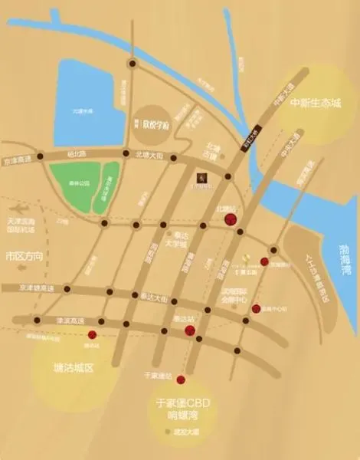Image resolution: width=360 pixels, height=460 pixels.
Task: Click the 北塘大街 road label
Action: pyautogui.click(x=149, y=153)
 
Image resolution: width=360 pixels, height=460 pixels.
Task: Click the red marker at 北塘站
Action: pyautogui.click(x=230, y=220)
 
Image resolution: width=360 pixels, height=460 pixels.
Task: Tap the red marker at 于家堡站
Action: pyautogui.click(x=181, y=379)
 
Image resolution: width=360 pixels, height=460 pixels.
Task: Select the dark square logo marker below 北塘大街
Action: pyautogui.click(x=201, y=177)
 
